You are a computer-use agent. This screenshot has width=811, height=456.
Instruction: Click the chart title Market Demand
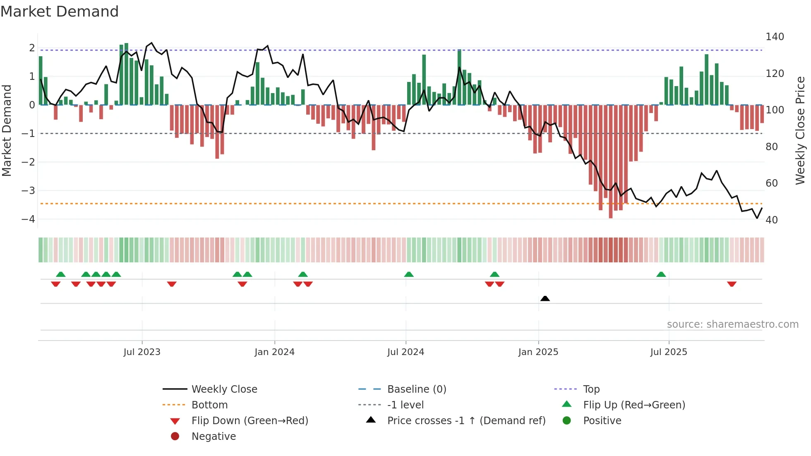pyautogui.click(x=60, y=12)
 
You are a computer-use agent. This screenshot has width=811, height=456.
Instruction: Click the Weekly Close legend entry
pyautogui.click(x=224, y=389)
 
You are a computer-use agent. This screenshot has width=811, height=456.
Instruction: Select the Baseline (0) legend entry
pyautogui.click(x=416, y=389)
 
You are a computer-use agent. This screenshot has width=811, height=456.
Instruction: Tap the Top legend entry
pyautogui.click(x=591, y=389)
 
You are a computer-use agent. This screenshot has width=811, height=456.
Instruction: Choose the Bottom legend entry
pyautogui.click(x=209, y=405)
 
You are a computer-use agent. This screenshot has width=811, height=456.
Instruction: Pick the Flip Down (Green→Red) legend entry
pyautogui.click(x=250, y=420)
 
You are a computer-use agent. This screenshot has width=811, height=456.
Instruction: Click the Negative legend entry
pyautogui.click(x=214, y=436)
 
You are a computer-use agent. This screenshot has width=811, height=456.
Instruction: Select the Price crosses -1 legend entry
pyautogui.click(x=466, y=420)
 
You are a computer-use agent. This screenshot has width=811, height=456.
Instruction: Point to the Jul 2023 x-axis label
pyautogui.click(x=142, y=352)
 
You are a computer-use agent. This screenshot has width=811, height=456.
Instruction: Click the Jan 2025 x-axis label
pyautogui.click(x=538, y=352)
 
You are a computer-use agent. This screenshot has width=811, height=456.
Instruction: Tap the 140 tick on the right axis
pyautogui.click(x=775, y=37)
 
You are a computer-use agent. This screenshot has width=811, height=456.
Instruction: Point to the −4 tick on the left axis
pyautogui.click(x=28, y=219)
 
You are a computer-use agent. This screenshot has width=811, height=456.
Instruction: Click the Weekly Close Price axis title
pyautogui.click(x=800, y=130)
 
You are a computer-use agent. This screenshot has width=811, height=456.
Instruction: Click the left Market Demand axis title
pyautogui.click(x=7, y=130)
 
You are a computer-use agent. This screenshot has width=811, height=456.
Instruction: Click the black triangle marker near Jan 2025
pyautogui.click(x=545, y=298)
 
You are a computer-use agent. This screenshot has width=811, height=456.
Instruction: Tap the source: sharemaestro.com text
pyautogui.click(x=732, y=324)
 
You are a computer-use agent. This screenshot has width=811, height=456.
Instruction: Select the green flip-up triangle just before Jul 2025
pyautogui.click(x=661, y=274)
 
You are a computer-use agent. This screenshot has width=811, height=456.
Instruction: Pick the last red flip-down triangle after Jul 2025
pyautogui.click(x=732, y=284)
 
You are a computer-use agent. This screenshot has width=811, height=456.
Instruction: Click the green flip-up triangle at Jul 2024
pyautogui.click(x=409, y=274)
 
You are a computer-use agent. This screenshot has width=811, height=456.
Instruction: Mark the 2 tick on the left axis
pyautogui.click(x=32, y=48)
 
